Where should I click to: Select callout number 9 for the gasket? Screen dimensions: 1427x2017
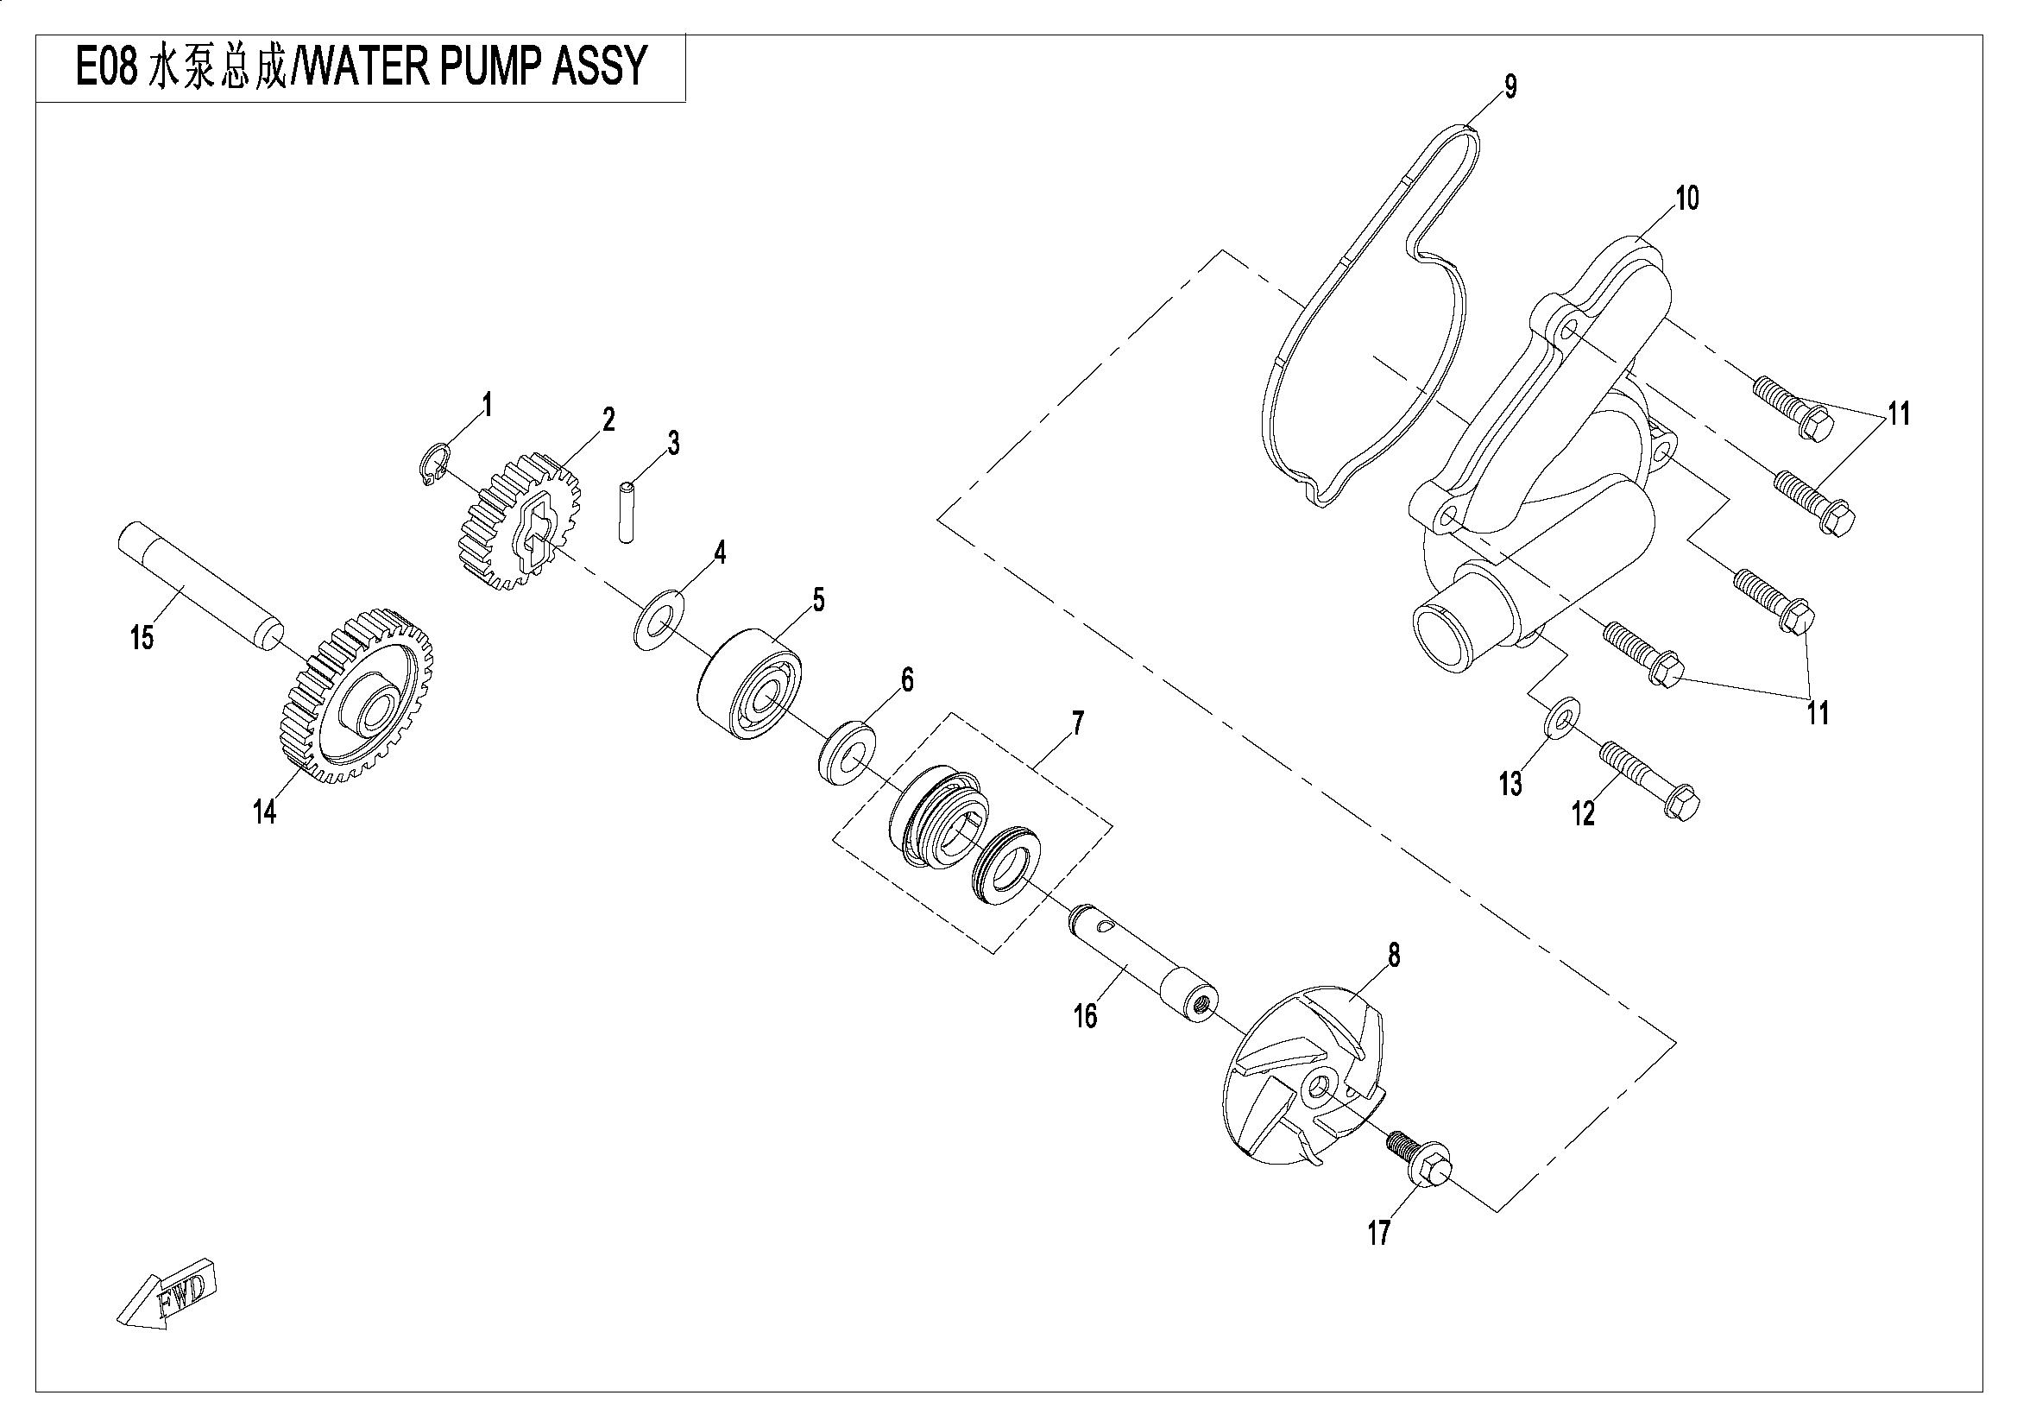(x=1510, y=87)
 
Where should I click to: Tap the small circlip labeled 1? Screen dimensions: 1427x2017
(x=432, y=464)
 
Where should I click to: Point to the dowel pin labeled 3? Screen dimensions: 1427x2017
(x=626, y=511)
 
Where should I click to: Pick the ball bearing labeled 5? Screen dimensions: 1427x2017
(x=751, y=683)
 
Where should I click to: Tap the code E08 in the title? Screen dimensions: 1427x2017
(x=106, y=66)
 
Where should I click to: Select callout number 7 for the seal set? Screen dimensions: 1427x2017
(x=1077, y=723)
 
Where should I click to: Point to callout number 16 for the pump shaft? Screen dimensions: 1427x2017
(x=1086, y=1016)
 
